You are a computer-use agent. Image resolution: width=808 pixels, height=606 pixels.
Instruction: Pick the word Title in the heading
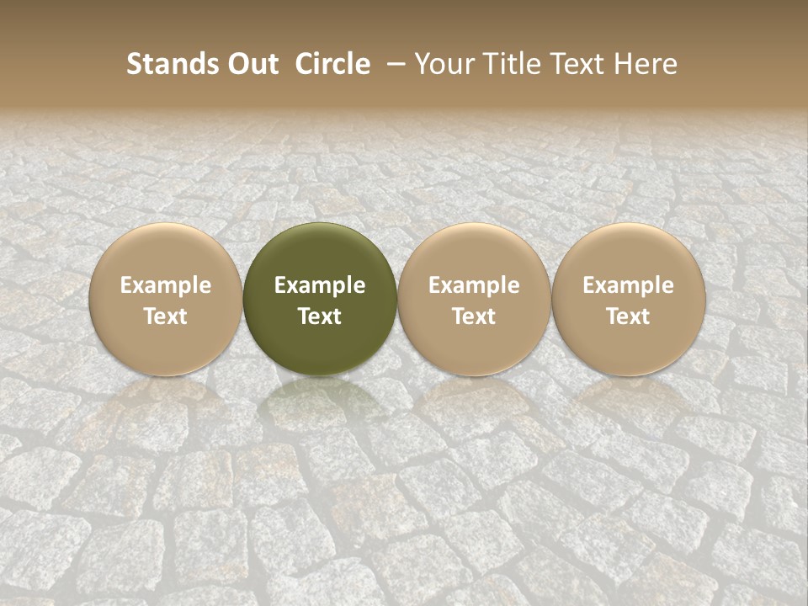coord(508,64)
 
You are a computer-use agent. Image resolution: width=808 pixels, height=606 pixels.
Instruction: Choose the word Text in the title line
coord(575,64)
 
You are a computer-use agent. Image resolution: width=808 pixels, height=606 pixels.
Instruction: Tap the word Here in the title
coord(644,64)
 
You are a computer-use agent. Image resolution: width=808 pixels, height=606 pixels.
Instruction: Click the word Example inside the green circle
coord(320,285)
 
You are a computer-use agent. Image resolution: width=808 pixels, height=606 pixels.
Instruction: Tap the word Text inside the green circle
coord(320,316)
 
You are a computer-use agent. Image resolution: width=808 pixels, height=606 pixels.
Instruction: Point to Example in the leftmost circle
coord(166,285)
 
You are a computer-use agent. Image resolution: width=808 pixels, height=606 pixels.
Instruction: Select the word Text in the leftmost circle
coord(166,316)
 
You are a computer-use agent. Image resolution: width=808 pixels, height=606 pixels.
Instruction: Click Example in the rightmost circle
coord(629,285)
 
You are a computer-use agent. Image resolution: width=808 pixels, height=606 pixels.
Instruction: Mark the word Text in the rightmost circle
coord(629,316)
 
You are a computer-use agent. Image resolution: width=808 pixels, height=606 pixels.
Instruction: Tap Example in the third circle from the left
coord(474,285)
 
